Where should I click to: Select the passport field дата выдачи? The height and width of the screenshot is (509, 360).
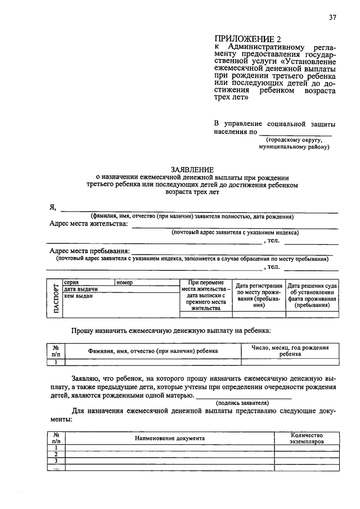[x=82, y=289]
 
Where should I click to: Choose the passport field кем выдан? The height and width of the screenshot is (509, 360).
[x=78, y=295]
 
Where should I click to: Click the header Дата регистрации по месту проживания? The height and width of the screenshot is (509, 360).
[x=258, y=296]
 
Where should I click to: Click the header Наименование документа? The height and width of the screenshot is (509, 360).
[x=170, y=438]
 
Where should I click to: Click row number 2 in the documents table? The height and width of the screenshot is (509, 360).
[x=56, y=453]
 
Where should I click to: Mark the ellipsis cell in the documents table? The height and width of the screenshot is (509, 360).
[x=56, y=468]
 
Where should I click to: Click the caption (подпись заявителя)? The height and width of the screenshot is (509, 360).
[x=242, y=403]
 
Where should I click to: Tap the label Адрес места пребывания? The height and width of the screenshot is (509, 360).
[x=90, y=251]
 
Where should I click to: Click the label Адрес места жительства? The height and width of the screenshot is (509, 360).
[x=89, y=224]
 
